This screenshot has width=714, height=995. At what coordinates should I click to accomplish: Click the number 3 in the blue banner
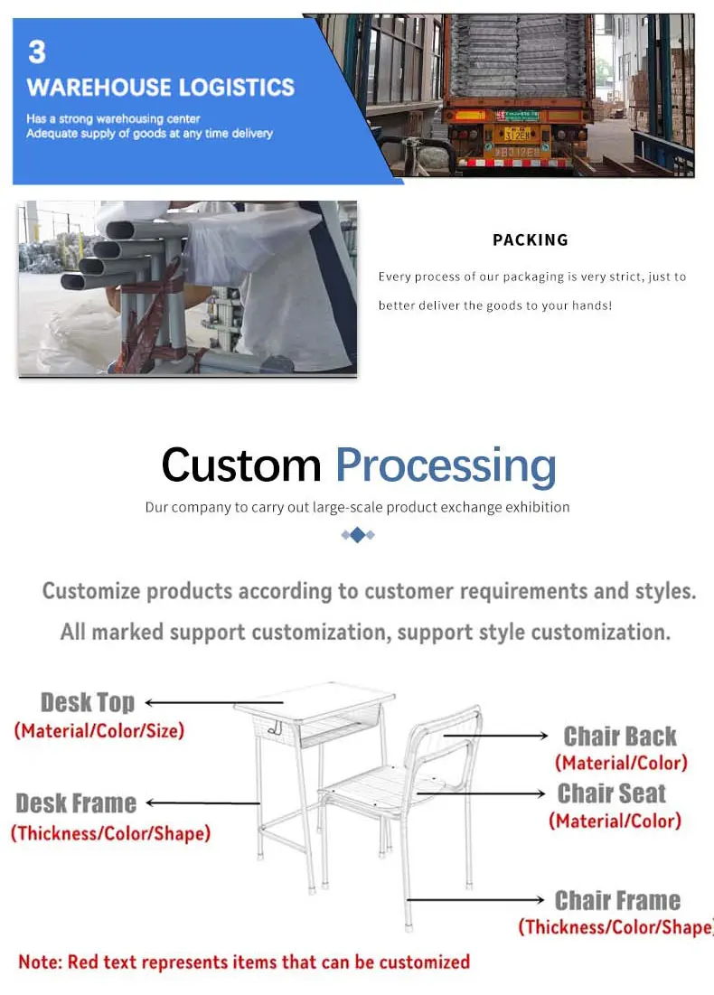[37, 52]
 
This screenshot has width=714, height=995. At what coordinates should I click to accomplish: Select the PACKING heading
[531, 239]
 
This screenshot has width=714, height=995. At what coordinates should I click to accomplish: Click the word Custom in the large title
[240, 465]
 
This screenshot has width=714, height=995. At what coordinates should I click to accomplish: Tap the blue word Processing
[446, 465]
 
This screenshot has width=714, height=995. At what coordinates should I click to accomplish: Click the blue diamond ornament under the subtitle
[357, 535]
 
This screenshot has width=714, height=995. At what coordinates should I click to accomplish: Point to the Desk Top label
[88, 702]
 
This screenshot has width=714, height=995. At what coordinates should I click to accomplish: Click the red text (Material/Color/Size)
[99, 730]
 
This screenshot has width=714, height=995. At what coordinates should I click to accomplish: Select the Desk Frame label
[76, 803]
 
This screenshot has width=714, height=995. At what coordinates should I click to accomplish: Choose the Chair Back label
[620, 736]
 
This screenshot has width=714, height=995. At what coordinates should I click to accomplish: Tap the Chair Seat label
[612, 793]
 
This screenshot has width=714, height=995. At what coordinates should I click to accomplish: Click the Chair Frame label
[617, 900]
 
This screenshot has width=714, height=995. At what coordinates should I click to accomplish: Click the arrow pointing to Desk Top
[190, 702]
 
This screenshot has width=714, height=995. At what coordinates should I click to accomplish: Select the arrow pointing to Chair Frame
[474, 900]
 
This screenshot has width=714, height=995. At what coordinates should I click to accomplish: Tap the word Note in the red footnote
[38, 961]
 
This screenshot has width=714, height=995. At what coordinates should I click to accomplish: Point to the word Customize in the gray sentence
[91, 591]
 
